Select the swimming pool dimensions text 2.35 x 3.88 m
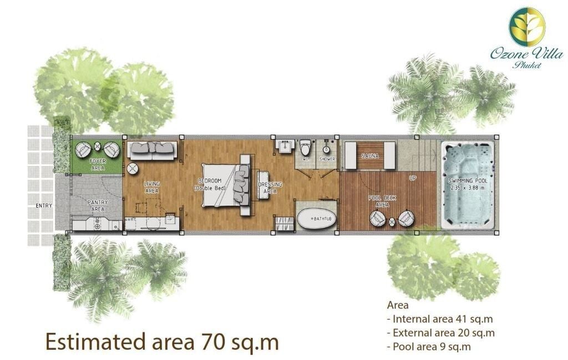click(x=468, y=188)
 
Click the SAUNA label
click(x=370, y=156)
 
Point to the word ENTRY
click(x=44, y=205)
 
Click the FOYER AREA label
click(x=98, y=164)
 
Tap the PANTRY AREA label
click(x=98, y=205)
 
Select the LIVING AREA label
click(x=152, y=187)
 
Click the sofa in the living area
click(x=152, y=150)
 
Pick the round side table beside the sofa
click(x=133, y=169)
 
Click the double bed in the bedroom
click(x=225, y=185)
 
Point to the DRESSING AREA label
click(x=270, y=187)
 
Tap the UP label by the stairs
click(x=413, y=178)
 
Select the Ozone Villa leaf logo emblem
click(x=527, y=27)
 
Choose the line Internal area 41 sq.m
click(x=440, y=319)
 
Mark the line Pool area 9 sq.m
click(x=429, y=347)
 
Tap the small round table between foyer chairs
click(x=98, y=146)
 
